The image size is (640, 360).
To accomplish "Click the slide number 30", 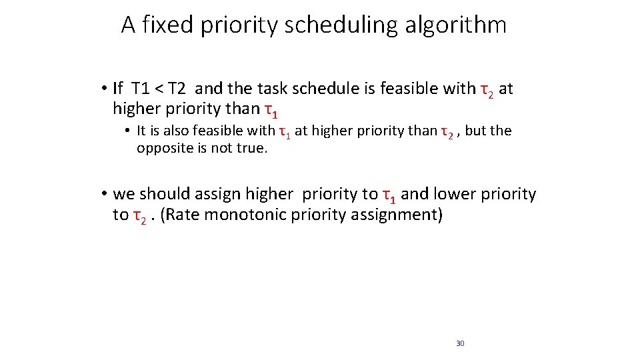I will [x=460, y=343].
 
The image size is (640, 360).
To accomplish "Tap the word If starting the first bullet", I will [x=118, y=89].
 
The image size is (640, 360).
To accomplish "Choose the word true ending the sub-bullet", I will [x=254, y=148].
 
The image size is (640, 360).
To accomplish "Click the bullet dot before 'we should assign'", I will [x=105, y=194].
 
